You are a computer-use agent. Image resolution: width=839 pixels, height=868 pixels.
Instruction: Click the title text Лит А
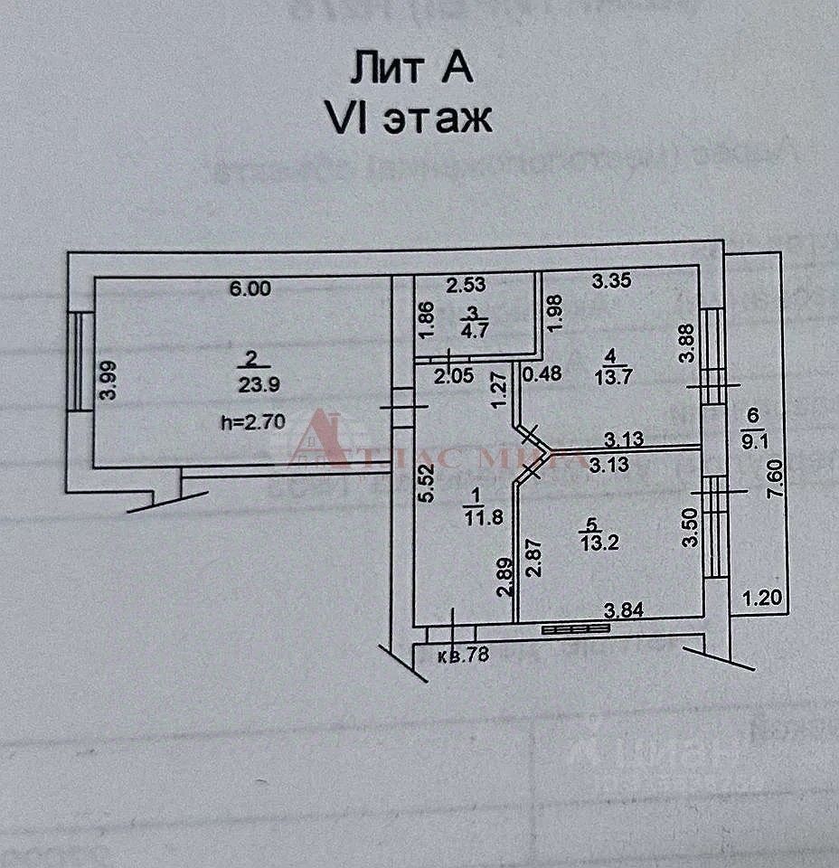410,70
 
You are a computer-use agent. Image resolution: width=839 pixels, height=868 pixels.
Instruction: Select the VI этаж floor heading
409,118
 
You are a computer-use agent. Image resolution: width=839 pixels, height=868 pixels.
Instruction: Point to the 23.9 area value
259,383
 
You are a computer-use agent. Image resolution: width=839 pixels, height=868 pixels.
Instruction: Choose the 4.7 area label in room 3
471,329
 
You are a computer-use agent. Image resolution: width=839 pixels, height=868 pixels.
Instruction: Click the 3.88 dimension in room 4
688,344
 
